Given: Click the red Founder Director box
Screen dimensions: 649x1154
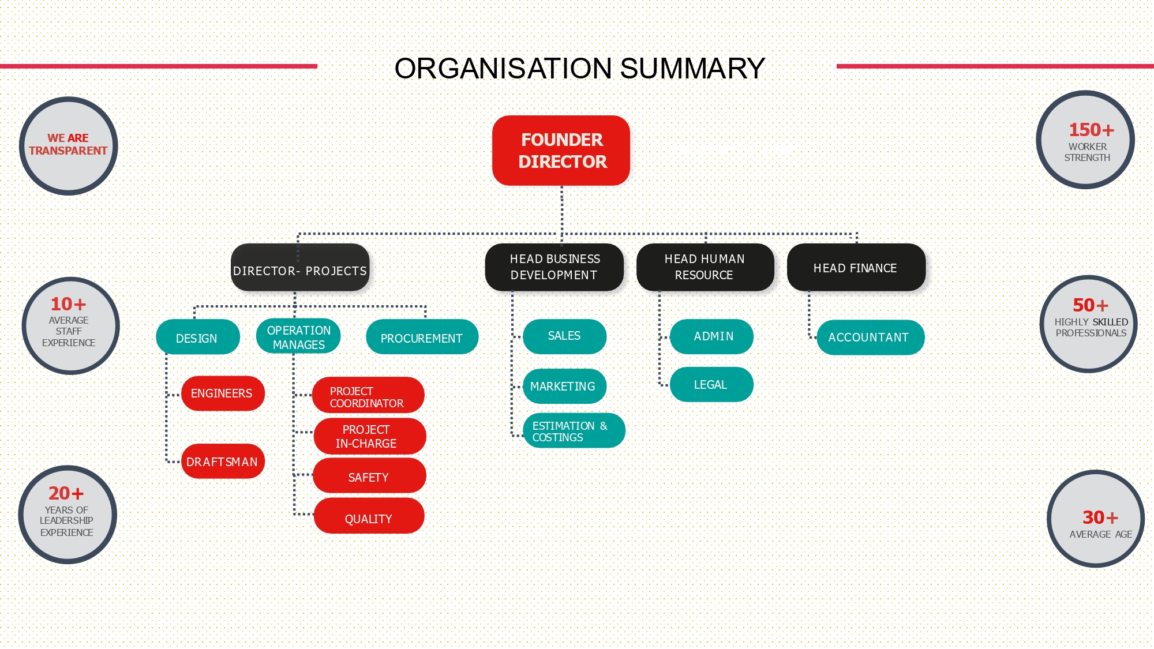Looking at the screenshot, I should (561, 151).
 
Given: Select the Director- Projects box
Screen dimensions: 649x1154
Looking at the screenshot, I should (300, 268).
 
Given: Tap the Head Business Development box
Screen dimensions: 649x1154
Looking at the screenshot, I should (554, 267).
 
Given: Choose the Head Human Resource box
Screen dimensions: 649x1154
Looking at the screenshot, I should (705, 267).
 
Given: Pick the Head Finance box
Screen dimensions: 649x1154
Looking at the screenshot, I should (856, 268).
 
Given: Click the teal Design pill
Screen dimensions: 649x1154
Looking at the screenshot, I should (197, 337).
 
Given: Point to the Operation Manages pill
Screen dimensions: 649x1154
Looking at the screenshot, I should (298, 337).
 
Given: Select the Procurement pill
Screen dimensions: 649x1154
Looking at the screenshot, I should (422, 337).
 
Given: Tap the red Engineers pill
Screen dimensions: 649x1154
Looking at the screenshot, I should (223, 393).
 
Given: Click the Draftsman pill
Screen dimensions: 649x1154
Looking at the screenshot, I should (223, 462).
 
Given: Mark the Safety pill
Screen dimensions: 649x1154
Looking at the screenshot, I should (369, 477).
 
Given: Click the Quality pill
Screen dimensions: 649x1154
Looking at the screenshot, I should (369, 517).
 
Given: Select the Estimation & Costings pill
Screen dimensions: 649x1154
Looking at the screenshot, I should (573, 431).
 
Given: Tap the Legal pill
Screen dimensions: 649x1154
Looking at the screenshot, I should (711, 385).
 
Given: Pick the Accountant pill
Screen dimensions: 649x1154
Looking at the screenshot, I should (870, 337).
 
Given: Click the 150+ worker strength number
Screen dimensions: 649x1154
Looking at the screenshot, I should (1091, 130).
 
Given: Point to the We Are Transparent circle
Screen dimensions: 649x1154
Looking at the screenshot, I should (69, 145).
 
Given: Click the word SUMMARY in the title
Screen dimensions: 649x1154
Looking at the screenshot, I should (692, 69).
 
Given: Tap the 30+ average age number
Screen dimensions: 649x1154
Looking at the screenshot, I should (1100, 517).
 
